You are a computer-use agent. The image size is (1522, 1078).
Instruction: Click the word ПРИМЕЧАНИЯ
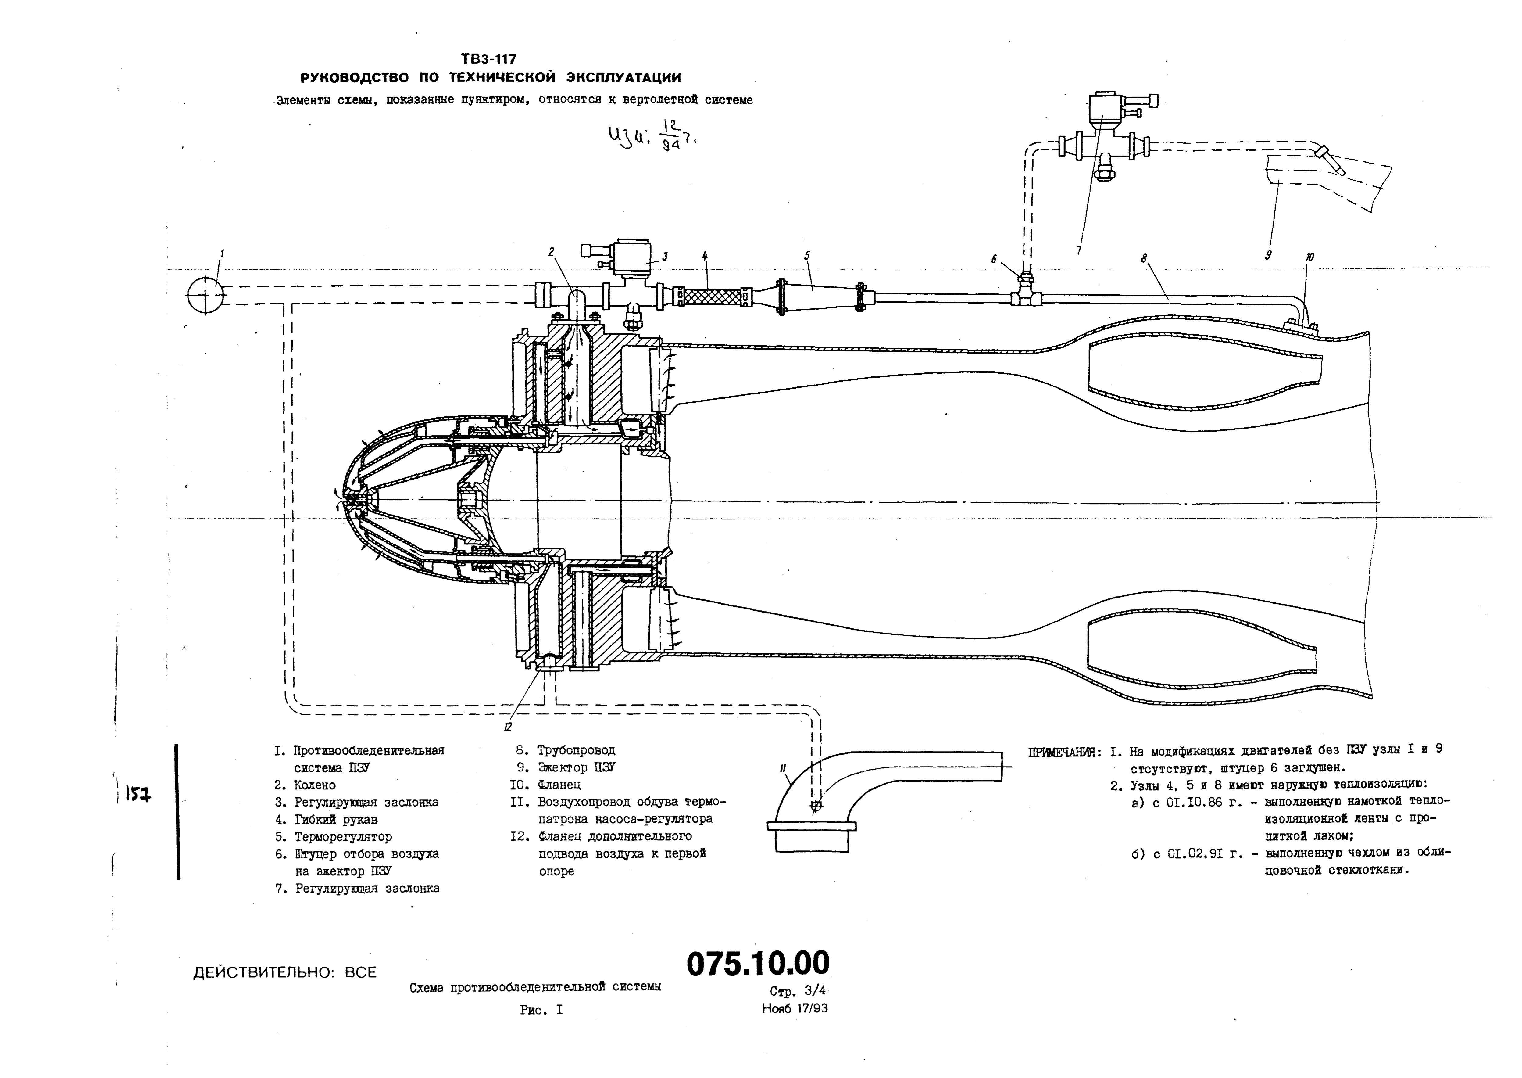(x=1063, y=752)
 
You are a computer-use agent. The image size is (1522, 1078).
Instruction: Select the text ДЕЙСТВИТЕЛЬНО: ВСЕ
(x=285, y=972)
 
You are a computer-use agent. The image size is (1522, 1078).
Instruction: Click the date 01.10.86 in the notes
(x=1182, y=802)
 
